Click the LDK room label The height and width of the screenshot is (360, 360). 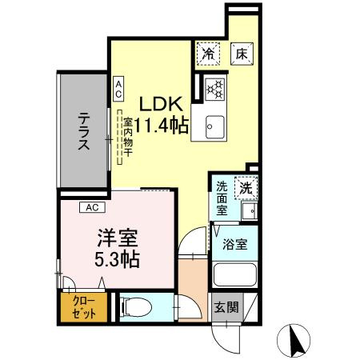click(162, 104)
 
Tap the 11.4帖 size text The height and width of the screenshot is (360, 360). click(162, 126)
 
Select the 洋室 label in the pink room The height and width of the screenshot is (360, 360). click(118, 238)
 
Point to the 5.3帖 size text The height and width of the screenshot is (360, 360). click(118, 259)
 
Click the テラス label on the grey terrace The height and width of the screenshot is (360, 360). click(84, 131)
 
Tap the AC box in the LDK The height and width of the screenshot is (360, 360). click(118, 89)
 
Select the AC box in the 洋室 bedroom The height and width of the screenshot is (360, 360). click(92, 207)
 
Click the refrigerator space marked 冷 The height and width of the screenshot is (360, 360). click(208, 54)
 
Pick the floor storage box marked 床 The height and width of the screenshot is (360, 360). click(242, 54)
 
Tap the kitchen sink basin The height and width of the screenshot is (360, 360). click(215, 127)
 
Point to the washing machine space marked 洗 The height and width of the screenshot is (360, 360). click(246, 188)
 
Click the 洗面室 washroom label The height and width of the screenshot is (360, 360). click(222, 198)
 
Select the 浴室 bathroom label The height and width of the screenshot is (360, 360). click(235, 244)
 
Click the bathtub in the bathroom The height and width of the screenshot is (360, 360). click(235, 274)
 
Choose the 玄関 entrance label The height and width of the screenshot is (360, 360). click(226, 307)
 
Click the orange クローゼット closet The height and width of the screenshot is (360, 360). click(84, 307)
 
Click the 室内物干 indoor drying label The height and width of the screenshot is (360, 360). click(128, 137)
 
